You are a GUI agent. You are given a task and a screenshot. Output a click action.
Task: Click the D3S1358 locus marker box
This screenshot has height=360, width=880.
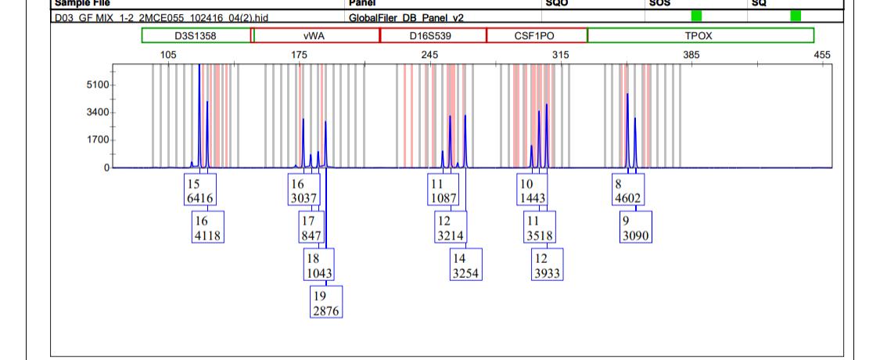coord(196,35)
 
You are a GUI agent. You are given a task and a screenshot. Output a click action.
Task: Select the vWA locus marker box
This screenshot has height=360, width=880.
coord(316,35)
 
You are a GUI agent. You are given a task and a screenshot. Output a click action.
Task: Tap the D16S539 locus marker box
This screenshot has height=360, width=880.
coord(433,35)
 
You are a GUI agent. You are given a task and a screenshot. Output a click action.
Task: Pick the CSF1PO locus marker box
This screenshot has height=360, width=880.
coord(536,35)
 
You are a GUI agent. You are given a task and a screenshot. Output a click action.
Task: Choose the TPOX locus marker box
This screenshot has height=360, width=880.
coord(700,35)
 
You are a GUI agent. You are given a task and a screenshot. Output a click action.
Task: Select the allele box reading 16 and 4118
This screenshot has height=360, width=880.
coord(208,227)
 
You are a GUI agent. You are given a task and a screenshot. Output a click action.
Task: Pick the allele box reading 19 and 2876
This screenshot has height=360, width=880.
coord(326,302)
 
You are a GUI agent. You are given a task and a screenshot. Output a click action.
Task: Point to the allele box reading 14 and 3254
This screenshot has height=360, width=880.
coord(465,265)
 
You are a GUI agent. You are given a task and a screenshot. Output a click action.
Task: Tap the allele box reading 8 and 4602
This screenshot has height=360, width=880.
coord(627,190)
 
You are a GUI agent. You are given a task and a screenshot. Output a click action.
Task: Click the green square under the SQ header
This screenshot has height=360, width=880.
coord(796,16)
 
